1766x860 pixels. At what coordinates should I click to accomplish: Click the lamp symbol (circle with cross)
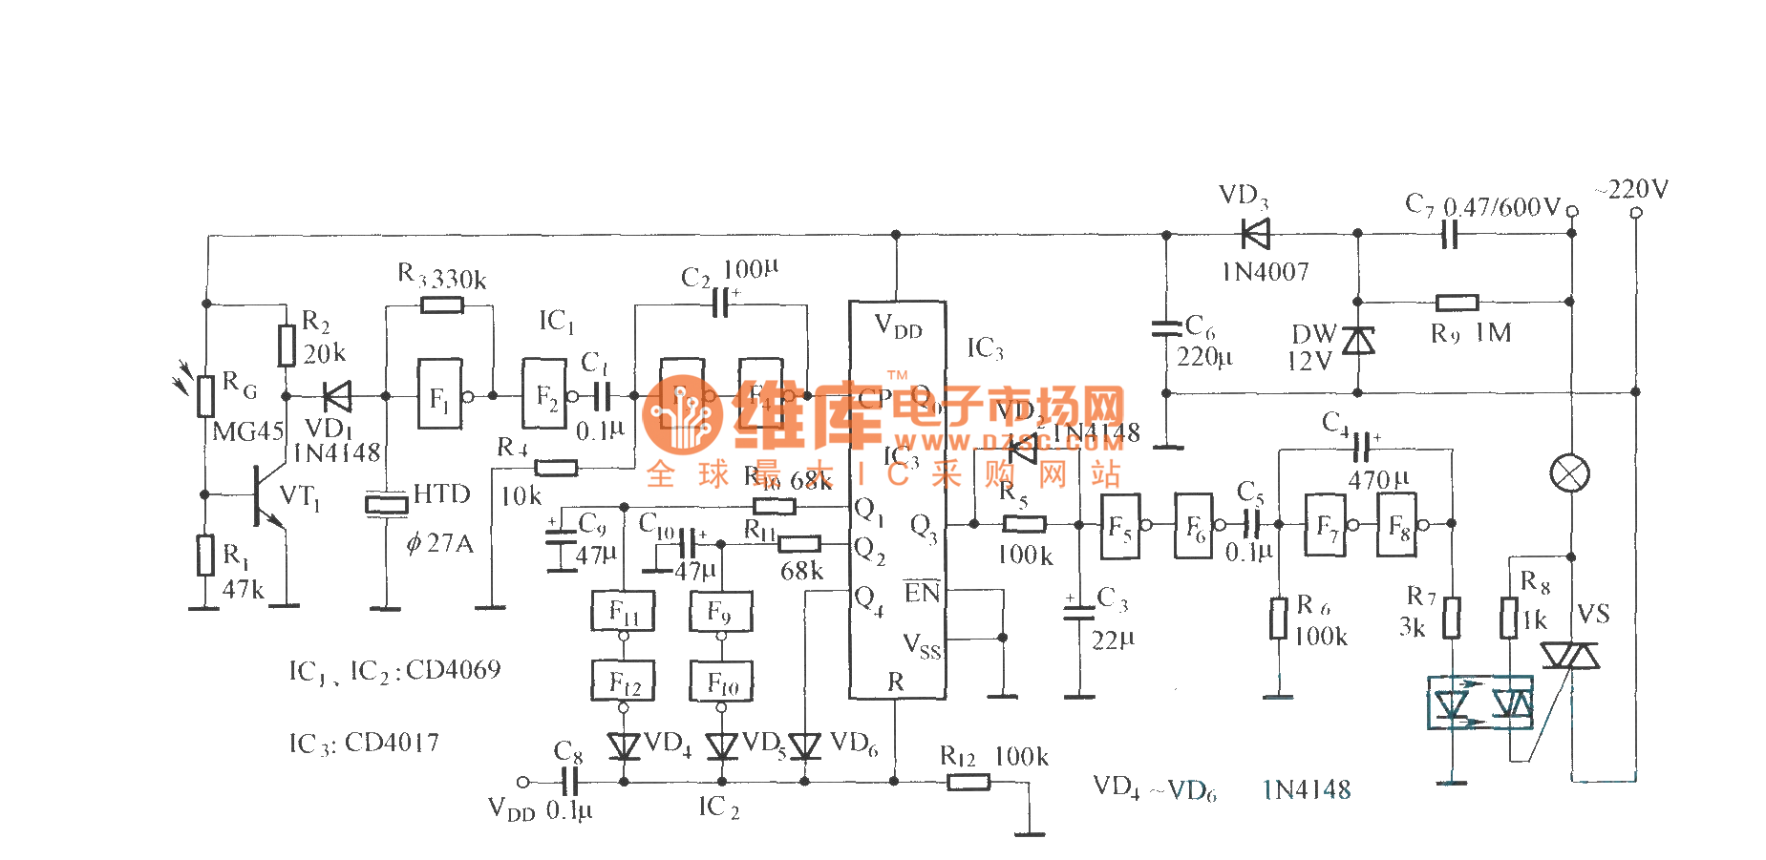(1569, 473)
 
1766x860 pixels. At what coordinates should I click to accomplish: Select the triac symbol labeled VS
(1570, 655)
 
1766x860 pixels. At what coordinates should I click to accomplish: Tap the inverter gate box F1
(439, 394)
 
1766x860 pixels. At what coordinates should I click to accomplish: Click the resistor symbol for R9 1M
(1457, 303)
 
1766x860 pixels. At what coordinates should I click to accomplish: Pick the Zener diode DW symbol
(1357, 340)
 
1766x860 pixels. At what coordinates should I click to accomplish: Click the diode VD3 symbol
(1255, 234)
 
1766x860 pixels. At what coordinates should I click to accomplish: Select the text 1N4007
(1266, 272)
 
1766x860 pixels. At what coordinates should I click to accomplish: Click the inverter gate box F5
(1119, 525)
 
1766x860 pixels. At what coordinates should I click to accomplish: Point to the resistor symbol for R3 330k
(441, 305)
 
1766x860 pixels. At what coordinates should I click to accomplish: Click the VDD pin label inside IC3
(898, 327)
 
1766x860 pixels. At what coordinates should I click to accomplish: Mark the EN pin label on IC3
(922, 593)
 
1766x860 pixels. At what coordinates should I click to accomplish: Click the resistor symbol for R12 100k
(968, 782)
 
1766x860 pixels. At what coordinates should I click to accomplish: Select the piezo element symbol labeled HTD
(386, 503)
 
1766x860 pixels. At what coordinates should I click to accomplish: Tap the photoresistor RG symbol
(205, 396)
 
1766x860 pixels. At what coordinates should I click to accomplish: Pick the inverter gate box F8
(1397, 525)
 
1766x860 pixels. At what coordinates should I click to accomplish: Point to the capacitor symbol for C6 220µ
(1166, 328)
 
